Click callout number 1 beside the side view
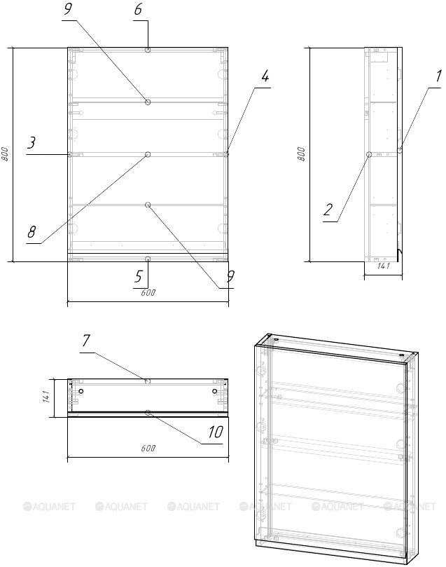[x=438, y=76]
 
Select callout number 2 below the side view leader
[x=328, y=210]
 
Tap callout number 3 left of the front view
[x=32, y=142]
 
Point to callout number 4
[x=265, y=76]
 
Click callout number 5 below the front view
[x=139, y=277]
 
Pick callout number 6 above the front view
[x=138, y=9]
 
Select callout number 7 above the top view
[x=86, y=341]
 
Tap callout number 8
[x=32, y=232]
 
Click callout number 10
[x=216, y=432]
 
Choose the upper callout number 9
[x=68, y=9]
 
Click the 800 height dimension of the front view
[x=5, y=154]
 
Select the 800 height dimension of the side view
[x=301, y=154]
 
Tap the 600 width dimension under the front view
[x=148, y=292]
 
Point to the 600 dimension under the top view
[x=148, y=448]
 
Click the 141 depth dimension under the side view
[x=383, y=266]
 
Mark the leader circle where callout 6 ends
[x=148, y=50]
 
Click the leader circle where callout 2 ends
[x=369, y=154]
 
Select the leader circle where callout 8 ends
[x=148, y=154]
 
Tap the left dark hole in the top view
[x=81, y=391]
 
